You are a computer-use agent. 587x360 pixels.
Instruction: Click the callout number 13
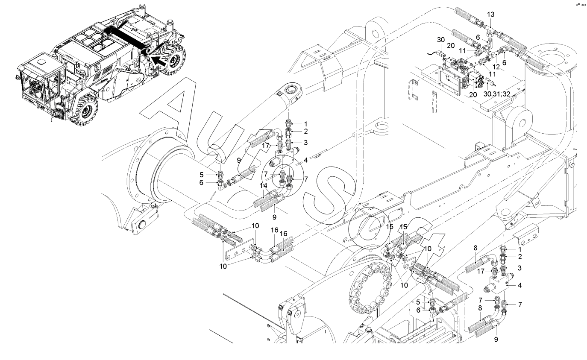tap(490, 14)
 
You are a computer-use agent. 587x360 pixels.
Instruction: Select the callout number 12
tap(496, 67)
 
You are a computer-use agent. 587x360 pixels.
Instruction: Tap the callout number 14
tap(263, 185)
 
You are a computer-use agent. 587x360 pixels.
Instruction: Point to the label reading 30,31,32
tap(497, 94)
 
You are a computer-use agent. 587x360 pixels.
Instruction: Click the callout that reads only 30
tap(441, 40)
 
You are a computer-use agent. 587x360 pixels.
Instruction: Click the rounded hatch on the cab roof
tap(41, 62)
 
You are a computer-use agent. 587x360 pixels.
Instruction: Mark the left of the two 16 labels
tap(274, 230)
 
